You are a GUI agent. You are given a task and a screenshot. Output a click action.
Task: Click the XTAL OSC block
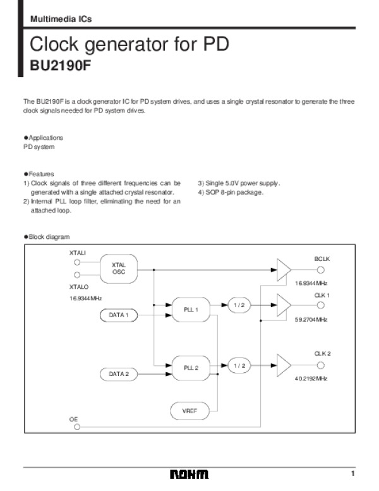(119, 269)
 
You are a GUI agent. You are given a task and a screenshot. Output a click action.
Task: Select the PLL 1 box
(191, 310)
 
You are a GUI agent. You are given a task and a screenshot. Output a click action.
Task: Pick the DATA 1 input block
(118, 315)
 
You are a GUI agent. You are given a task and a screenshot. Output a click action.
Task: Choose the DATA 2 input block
(118, 374)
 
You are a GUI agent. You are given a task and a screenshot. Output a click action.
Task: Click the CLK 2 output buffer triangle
(284, 365)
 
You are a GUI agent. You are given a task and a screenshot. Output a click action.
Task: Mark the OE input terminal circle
(77, 427)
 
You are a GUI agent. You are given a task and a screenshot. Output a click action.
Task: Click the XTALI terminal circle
(77, 262)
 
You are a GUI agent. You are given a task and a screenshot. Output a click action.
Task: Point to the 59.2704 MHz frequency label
(311, 320)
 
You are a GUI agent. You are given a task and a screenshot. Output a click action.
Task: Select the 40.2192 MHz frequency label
(311, 379)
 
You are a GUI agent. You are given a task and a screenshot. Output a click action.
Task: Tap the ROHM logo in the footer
(189, 475)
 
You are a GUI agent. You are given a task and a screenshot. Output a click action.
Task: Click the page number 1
(354, 474)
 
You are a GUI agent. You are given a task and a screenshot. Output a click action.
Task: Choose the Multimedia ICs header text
(61, 19)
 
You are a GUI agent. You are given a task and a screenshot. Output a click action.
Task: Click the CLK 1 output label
(322, 294)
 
